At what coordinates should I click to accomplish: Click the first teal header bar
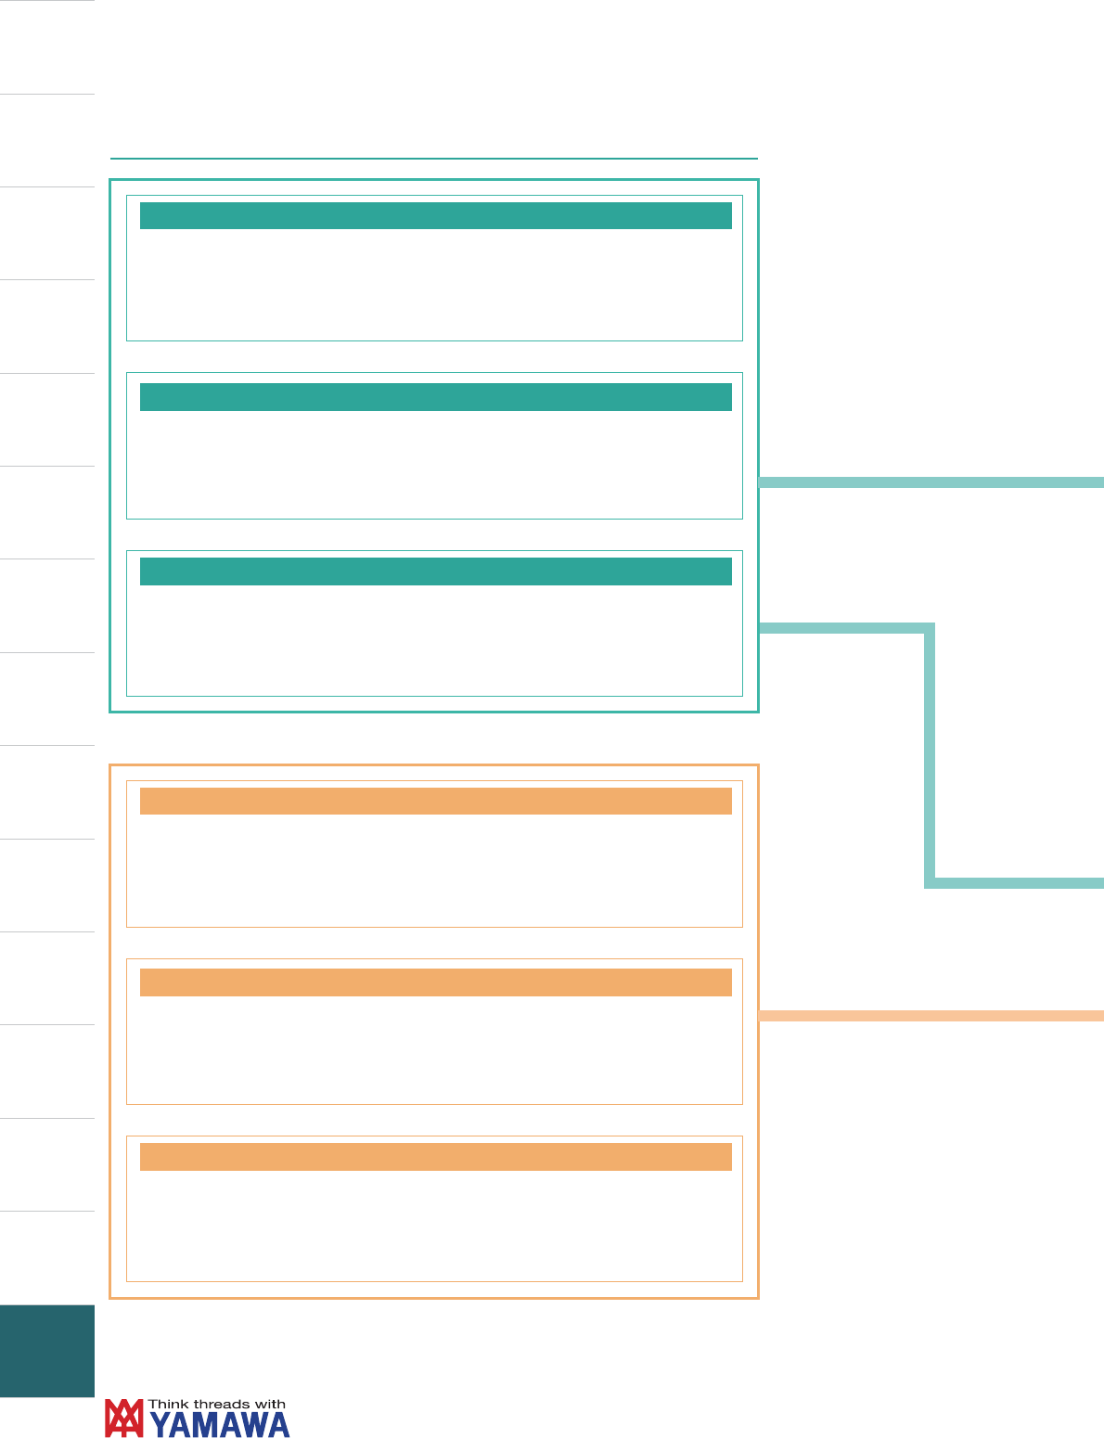[435, 216]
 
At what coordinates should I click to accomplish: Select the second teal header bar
[435, 397]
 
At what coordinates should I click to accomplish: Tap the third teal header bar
[435, 571]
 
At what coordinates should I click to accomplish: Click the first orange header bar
[435, 801]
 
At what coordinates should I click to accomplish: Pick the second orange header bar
[435, 982]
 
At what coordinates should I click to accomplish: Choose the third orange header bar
[435, 1157]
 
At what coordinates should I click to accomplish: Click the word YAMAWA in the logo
[219, 1424]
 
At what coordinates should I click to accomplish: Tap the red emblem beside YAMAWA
[123, 1418]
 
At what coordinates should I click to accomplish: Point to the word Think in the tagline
[168, 1404]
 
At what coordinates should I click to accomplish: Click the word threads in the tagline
[222, 1404]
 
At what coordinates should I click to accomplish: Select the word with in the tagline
[270, 1404]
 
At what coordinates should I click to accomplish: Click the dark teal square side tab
[47, 1351]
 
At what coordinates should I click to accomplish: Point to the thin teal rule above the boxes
[434, 159]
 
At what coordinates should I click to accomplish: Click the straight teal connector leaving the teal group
[931, 482]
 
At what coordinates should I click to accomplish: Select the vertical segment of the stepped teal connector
[930, 755]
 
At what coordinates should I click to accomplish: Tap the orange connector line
[931, 1016]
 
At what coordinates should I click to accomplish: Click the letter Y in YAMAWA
[160, 1424]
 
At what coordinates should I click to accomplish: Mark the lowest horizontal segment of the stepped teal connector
[1014, 883]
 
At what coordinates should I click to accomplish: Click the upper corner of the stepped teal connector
[930, 628]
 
